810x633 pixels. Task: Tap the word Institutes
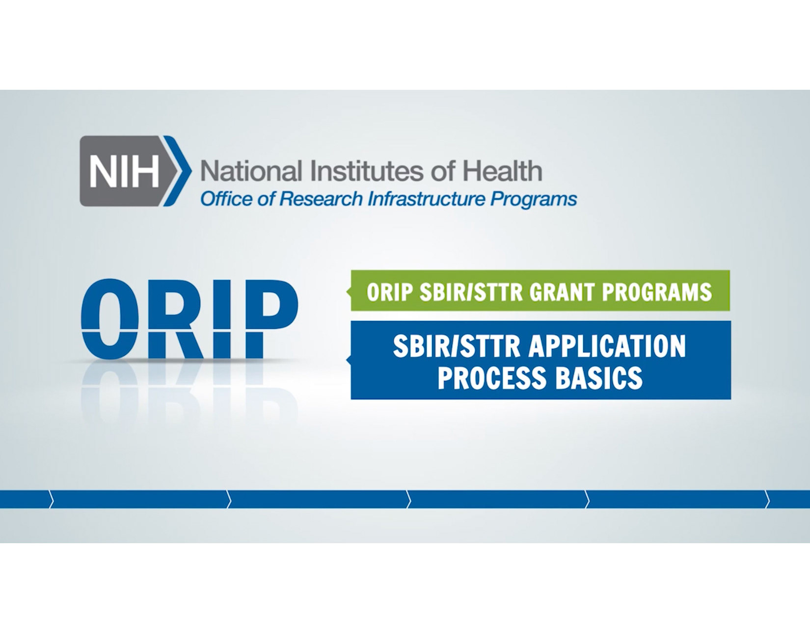(x=367, y=171)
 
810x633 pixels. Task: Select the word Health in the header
(x=503, y=171)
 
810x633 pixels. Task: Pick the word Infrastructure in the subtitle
(x=427, y=199)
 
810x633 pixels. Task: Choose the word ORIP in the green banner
(x=389, y=292)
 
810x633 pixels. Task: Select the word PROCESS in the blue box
(x=492, y=378)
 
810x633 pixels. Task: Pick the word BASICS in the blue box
(x=599, y=378)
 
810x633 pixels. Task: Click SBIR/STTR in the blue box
(x=456, y=346)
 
